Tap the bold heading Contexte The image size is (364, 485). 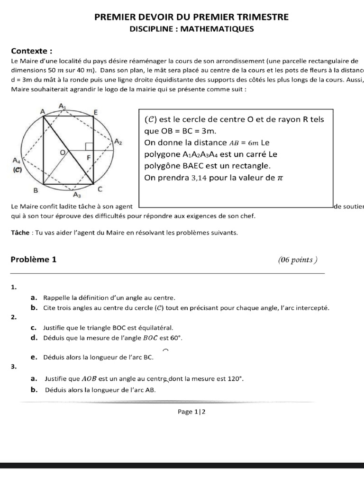tap(31, 51)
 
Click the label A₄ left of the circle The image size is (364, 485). tap(17, 160)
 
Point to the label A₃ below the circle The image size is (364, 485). tap(77, 194)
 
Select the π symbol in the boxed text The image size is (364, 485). tap(280, 178)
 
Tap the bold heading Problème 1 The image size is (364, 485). tap(33, 259)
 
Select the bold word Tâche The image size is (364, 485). tap(20, 233)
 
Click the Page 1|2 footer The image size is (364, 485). tap(191, 412)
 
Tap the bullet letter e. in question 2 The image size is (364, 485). tap(34, 357)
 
